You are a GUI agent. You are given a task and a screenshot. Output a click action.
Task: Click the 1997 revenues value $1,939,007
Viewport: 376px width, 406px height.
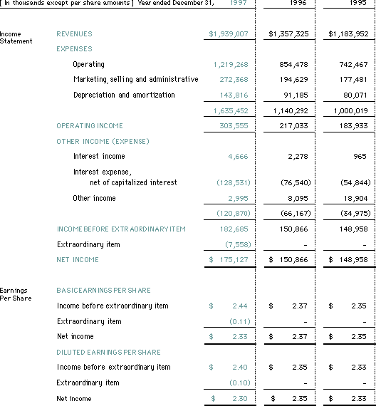(x=229, y=34)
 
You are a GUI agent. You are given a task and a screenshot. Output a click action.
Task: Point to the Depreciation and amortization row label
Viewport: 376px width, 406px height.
(x=123, y=95)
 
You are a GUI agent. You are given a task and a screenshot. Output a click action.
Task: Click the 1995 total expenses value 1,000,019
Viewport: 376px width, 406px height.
(x=349, y=111)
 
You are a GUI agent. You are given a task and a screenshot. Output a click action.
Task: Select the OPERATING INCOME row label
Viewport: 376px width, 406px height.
(x=89, y=126)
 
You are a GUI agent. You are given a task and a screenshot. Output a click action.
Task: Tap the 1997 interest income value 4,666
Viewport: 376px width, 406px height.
(x=237, y=157)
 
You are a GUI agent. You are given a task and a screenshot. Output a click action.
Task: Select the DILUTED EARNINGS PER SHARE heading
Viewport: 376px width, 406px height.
(x=108, y=352)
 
